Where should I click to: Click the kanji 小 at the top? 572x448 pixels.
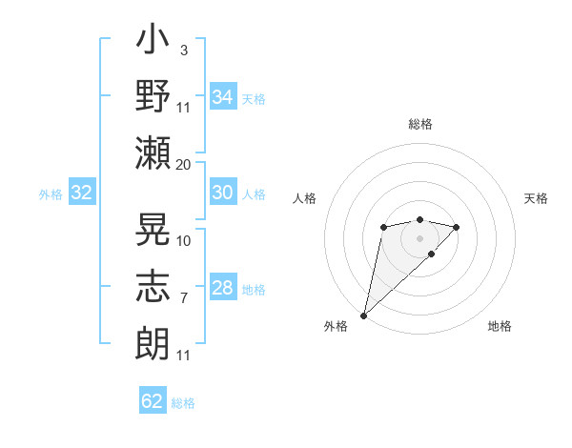(x=153, y=38)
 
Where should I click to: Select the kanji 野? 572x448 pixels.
(x=153, y=95)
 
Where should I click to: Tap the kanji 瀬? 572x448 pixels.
(x=153, y=153)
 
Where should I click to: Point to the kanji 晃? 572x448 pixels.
(x=153, y=229)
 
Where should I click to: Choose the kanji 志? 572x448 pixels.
(x=153, y=286)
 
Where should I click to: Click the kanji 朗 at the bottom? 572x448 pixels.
(x=153, y=343)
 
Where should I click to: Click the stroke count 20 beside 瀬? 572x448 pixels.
(x=183, y=165)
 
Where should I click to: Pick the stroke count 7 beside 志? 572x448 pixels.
(x=184, y=298)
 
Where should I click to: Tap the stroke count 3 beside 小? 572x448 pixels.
(x=184, y=51)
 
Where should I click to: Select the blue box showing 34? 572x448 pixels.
(x=223, y=96)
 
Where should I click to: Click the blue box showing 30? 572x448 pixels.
(x=223, y=192)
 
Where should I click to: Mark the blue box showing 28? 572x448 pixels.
(x=223, y=286)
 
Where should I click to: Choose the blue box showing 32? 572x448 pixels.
(x=82, y=192)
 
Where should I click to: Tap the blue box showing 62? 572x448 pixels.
(x=153, y=399)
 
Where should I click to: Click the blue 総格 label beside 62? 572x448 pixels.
(x=183, y=403)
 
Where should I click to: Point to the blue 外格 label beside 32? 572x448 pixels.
(x=51, y=194)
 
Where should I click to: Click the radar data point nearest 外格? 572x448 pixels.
(x=363, y=316)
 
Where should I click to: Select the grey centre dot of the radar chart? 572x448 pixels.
(x=419, y=238)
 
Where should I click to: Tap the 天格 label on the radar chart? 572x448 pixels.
(x=536, y=198)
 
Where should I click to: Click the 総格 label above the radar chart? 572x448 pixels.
(x=420, y=124)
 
